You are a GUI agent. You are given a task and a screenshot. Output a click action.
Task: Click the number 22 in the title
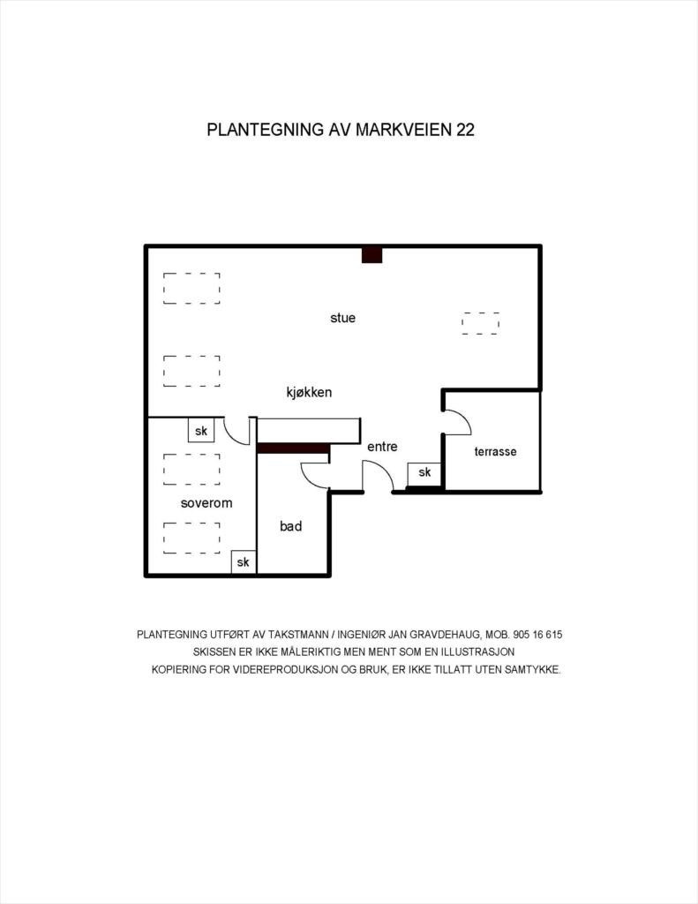[464, 130]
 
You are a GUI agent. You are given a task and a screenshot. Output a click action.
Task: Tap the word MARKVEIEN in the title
[402, 130]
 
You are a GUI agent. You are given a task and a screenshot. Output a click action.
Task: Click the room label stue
[342, 318]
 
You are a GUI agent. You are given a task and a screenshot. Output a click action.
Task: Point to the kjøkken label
[309, 392]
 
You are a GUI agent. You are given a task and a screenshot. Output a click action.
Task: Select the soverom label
[206, 503]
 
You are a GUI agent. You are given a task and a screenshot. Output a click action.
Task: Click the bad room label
[290, 526]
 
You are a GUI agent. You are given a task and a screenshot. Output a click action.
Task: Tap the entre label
[382, 447]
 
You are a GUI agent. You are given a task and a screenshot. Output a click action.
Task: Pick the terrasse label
[495, 451]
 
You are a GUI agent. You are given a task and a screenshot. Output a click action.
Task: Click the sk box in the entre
[424, 473]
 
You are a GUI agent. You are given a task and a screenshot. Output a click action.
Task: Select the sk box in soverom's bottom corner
[243, 562]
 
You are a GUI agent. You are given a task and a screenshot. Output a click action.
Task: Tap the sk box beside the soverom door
[201, 431]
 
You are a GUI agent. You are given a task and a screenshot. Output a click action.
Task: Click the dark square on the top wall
[372, 255]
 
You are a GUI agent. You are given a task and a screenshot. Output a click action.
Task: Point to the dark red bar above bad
[293, 448]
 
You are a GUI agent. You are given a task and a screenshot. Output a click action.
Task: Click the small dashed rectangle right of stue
[480, 323]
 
